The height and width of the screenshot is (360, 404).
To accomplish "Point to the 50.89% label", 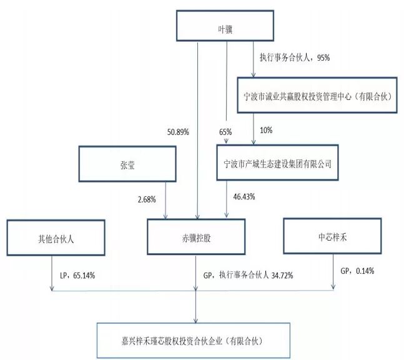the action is pos(178,132).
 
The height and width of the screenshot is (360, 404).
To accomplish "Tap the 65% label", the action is pos(225,132).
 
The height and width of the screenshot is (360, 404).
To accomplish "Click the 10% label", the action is pos(266,130).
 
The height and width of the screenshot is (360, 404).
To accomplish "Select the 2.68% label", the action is pos(147,199).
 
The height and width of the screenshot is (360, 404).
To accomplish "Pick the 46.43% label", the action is pos(244,197).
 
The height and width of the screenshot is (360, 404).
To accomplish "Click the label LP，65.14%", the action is pos(77,276).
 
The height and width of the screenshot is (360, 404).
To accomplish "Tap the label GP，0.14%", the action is pos(357,271).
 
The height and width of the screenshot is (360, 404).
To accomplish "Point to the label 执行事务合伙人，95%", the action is pos(295,57).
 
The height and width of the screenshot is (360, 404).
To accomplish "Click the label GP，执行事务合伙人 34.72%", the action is pos(248,275).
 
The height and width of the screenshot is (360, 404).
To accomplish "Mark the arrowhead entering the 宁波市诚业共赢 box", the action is pos(254,74).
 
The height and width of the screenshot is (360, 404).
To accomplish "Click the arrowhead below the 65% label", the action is pos(226,141).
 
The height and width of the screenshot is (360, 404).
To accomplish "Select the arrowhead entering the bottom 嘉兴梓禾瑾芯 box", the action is pos(195,320).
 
